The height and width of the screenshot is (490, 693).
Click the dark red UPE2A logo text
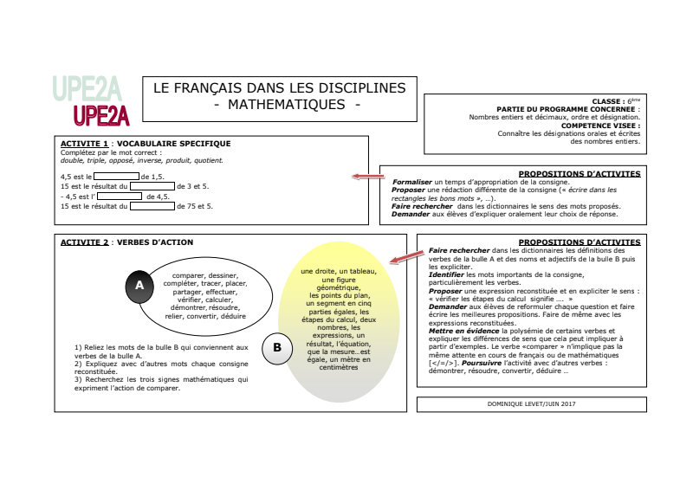101,115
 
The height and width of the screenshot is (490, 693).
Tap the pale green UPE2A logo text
86,88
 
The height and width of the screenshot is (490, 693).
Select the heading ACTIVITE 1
84,144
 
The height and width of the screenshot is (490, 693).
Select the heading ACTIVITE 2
84,242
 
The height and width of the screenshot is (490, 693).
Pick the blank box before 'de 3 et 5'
152,186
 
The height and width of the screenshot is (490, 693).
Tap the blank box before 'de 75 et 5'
152,206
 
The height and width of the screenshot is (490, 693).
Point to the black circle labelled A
139,284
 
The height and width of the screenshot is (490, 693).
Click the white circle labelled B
277,348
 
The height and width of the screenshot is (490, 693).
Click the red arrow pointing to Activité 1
368,177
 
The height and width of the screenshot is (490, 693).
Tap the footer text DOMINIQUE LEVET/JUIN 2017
532,403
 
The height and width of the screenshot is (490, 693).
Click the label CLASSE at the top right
608,101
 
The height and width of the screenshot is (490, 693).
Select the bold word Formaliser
411,183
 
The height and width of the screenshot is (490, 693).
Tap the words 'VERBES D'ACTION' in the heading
155,242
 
